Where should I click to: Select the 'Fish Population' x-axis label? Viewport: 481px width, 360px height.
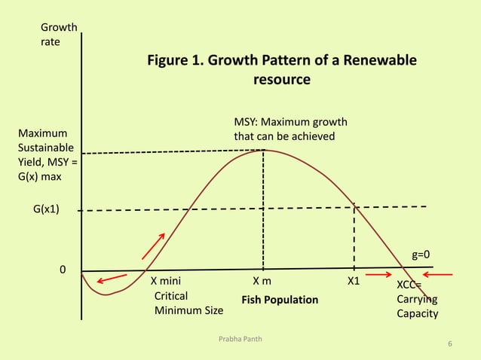[x=280, y=301]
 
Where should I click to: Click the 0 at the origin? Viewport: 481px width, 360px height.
[x=63, y=270]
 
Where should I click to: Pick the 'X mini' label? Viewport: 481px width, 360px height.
[x=167, y=282]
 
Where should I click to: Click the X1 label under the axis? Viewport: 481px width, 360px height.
[x=353, y=282]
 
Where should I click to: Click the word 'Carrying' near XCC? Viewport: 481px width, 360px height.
[x=417, y=299]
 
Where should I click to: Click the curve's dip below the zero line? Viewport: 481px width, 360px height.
[x=106, y=294]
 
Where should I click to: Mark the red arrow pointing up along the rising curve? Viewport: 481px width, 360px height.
[x=152, y=245]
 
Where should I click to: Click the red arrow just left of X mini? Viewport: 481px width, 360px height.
[x=112, y=279]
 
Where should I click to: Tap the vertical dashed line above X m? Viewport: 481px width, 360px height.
[x=263, y=211]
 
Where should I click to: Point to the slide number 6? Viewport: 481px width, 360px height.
[x=449, y=344]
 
